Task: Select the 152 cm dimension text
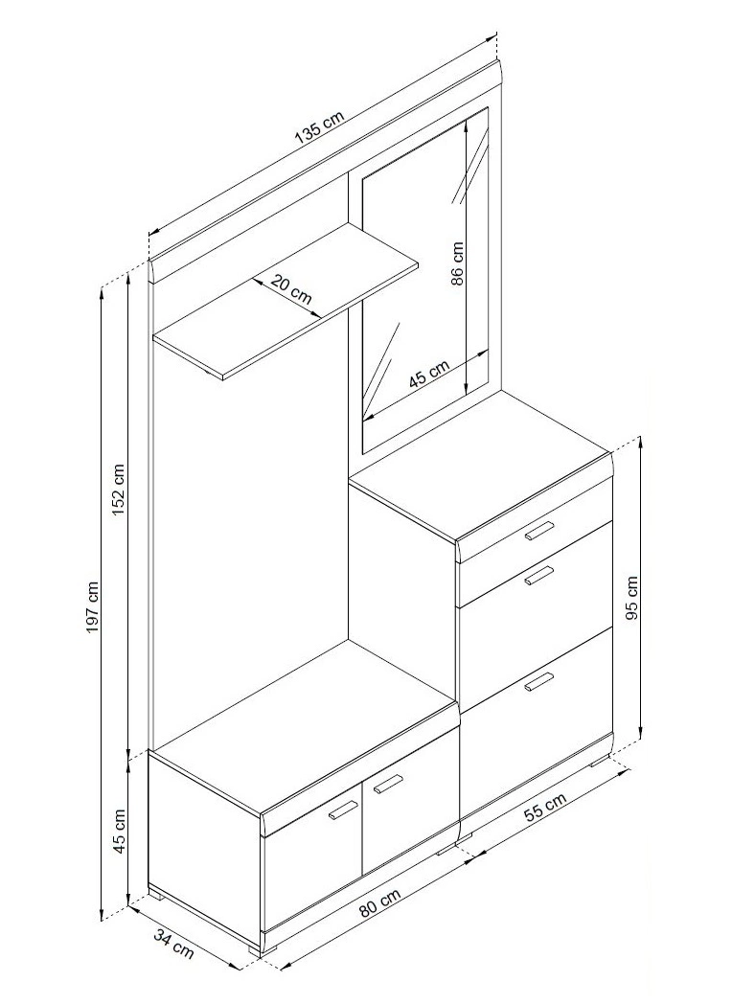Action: pyautogui.click(x=119, y=491)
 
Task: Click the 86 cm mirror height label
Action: pyautogui.click(x=457, y=263)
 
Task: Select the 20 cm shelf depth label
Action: pyautogui.click(x=290, y=288)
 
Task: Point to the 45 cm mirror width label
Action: pyautogui.click(x=429, y=375)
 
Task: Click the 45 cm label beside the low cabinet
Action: pyautogui.click(x=119, y=831)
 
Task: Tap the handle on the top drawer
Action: pyautogui.click(x=538, y=531)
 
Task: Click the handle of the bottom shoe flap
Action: pyautogui.click(x=538, y=682)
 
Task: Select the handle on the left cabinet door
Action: pyautogui.click(x=343, y=810)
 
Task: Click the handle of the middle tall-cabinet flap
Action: pyautogui.click(x=538, y=575)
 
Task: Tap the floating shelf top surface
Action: pyautogui.click(x=286, y=298)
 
